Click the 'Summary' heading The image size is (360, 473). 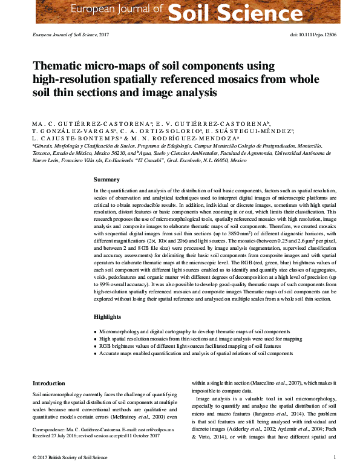coord(106,180)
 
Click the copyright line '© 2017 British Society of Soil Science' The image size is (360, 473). coord(67,458)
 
